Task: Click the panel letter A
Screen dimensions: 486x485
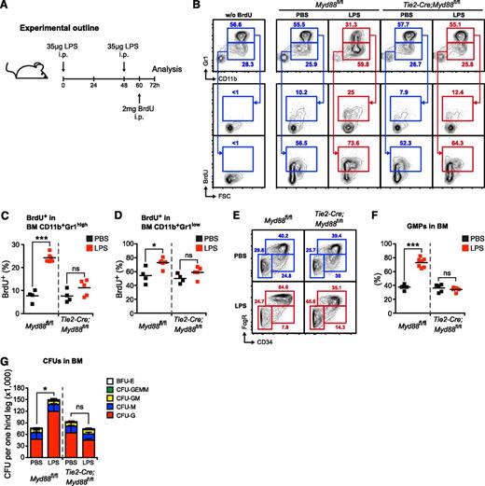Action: (x=6, y=7)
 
